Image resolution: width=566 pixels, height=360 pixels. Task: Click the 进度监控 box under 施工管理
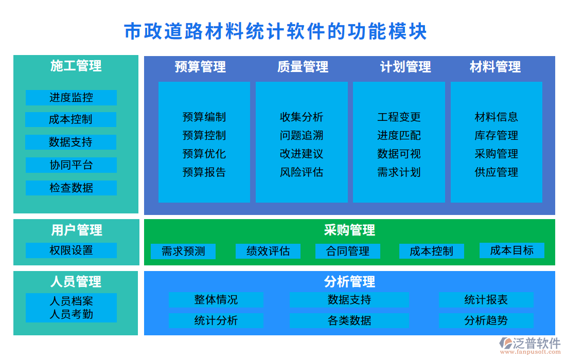71,98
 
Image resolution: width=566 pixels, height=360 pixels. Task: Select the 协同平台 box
71,165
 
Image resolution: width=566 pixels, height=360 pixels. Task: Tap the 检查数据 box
71,188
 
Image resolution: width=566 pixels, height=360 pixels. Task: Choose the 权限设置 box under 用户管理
71,250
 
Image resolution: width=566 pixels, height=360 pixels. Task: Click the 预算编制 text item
204,117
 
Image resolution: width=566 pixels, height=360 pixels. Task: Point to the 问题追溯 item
302,136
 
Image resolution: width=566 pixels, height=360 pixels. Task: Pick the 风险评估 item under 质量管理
302,172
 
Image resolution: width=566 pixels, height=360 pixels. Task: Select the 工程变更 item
399,117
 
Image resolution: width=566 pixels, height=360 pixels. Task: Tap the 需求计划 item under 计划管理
399,172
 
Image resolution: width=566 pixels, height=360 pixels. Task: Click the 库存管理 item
496,136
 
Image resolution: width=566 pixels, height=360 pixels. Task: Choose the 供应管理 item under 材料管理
496,172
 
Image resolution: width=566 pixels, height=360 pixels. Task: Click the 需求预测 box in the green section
183,251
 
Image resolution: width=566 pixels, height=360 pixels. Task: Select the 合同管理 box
348,251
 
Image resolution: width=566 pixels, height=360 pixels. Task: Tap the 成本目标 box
511,250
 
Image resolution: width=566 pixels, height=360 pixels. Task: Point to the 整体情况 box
216,300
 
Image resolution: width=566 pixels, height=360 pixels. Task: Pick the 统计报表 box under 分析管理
486,300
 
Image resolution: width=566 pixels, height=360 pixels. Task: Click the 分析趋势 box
486,320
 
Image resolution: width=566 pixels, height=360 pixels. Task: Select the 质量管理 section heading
303,67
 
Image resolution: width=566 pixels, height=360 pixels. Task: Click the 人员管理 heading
76,281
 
